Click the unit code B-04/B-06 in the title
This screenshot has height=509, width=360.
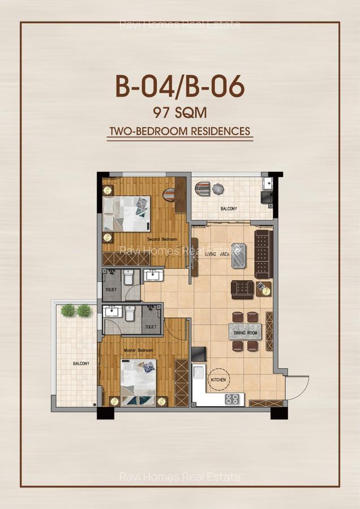coord(180,87)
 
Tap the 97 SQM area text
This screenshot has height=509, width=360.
coord(180,112)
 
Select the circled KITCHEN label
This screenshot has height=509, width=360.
coord(218,381)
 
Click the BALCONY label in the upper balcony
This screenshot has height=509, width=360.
coord(229,209)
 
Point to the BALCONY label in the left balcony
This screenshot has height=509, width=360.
coord(80,364)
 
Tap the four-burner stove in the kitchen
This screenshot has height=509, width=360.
coord(232,399)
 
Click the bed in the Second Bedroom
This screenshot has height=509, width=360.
coord(127,213)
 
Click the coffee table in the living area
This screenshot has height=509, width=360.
coord(239,255)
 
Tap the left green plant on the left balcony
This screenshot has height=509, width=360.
coord(68,310)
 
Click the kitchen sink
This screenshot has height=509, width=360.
coord(199,375)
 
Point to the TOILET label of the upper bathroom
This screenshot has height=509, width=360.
coord(111,290)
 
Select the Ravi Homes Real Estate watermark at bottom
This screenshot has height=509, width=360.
coord(180,477)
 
